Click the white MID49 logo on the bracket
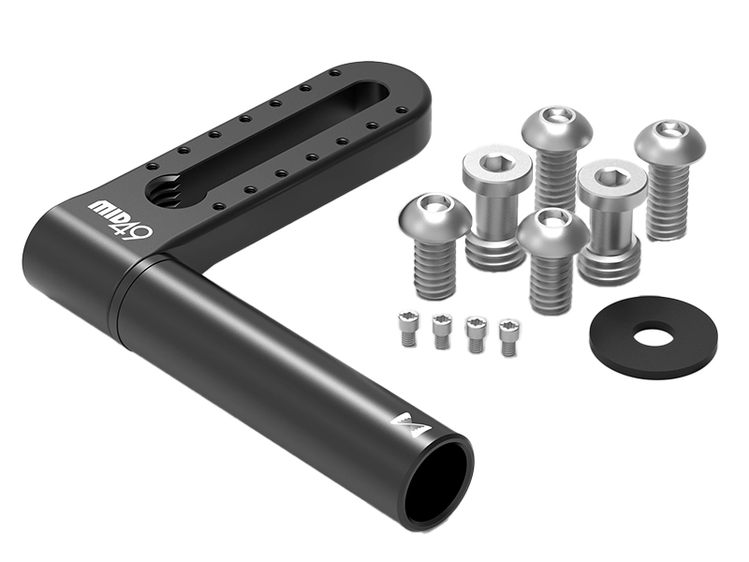[x=122, y=219]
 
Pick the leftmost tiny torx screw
[x=408, y=328]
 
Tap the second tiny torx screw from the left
[x=441, y=332]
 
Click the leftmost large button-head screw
[x=433, y=244]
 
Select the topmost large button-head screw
[x=557, y=157]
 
